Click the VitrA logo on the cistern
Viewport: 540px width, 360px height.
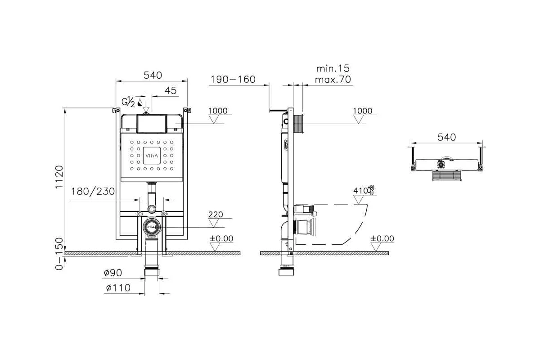(152, 156)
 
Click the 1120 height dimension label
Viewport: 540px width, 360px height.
(59, 177)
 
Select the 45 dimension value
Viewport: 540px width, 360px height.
(171, 90)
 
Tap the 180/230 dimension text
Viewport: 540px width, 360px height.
(93, 191)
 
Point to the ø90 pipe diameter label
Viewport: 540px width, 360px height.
(113, 273)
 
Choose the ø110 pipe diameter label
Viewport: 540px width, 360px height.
(118, 288)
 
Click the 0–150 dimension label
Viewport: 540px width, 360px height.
(59, 254)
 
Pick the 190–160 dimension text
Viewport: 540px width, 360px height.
(233, 79)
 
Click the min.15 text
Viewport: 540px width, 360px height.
(333, 68)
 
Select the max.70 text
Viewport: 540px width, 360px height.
(333, 80)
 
